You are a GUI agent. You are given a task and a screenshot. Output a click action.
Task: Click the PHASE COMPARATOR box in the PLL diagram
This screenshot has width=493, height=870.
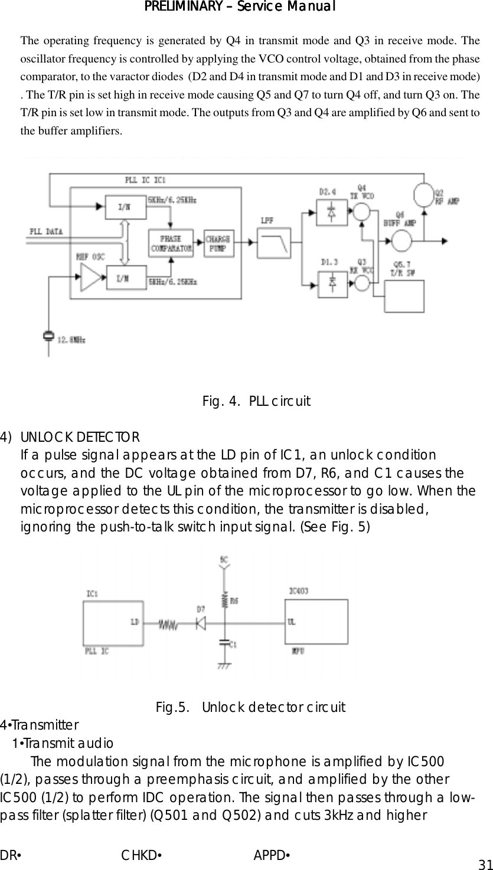coord(171,243)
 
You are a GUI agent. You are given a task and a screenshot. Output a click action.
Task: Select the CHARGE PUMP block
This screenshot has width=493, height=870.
coord(218,243)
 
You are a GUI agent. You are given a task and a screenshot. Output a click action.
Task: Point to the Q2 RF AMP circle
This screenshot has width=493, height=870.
coord(423,193)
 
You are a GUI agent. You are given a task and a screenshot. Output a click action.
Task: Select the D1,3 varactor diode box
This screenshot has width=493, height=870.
coord(332,283)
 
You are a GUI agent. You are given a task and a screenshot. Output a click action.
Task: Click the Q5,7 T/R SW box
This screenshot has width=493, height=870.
coord(404,296)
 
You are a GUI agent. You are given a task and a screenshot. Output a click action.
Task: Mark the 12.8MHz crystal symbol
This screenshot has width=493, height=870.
coord(48,337)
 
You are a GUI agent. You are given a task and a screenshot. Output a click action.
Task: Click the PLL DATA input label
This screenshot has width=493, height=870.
coord(47,231)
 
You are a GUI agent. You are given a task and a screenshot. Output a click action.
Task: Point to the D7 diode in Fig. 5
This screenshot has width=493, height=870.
coord(201,622)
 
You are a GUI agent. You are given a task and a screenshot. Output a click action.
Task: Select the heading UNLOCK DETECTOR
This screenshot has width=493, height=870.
coord(80,438)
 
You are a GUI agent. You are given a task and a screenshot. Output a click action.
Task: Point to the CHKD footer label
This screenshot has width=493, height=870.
coord(142,855)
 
